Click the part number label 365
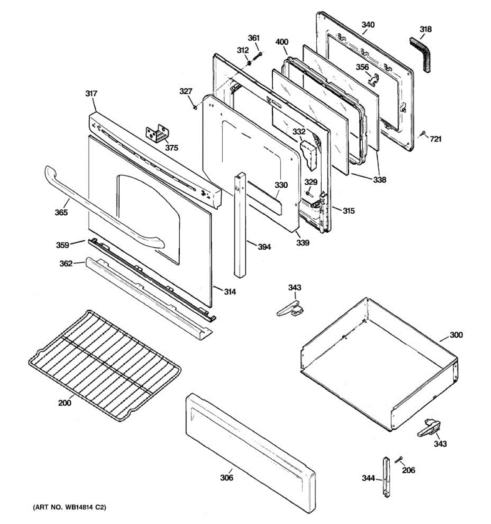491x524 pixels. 61,213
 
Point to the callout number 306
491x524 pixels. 227,478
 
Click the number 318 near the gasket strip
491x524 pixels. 426,29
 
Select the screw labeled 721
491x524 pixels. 422,134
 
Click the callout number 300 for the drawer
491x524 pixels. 457,335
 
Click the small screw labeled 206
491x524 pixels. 398,459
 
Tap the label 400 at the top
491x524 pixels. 282,42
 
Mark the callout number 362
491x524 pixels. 66,263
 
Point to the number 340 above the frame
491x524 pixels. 368,25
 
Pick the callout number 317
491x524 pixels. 92,93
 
